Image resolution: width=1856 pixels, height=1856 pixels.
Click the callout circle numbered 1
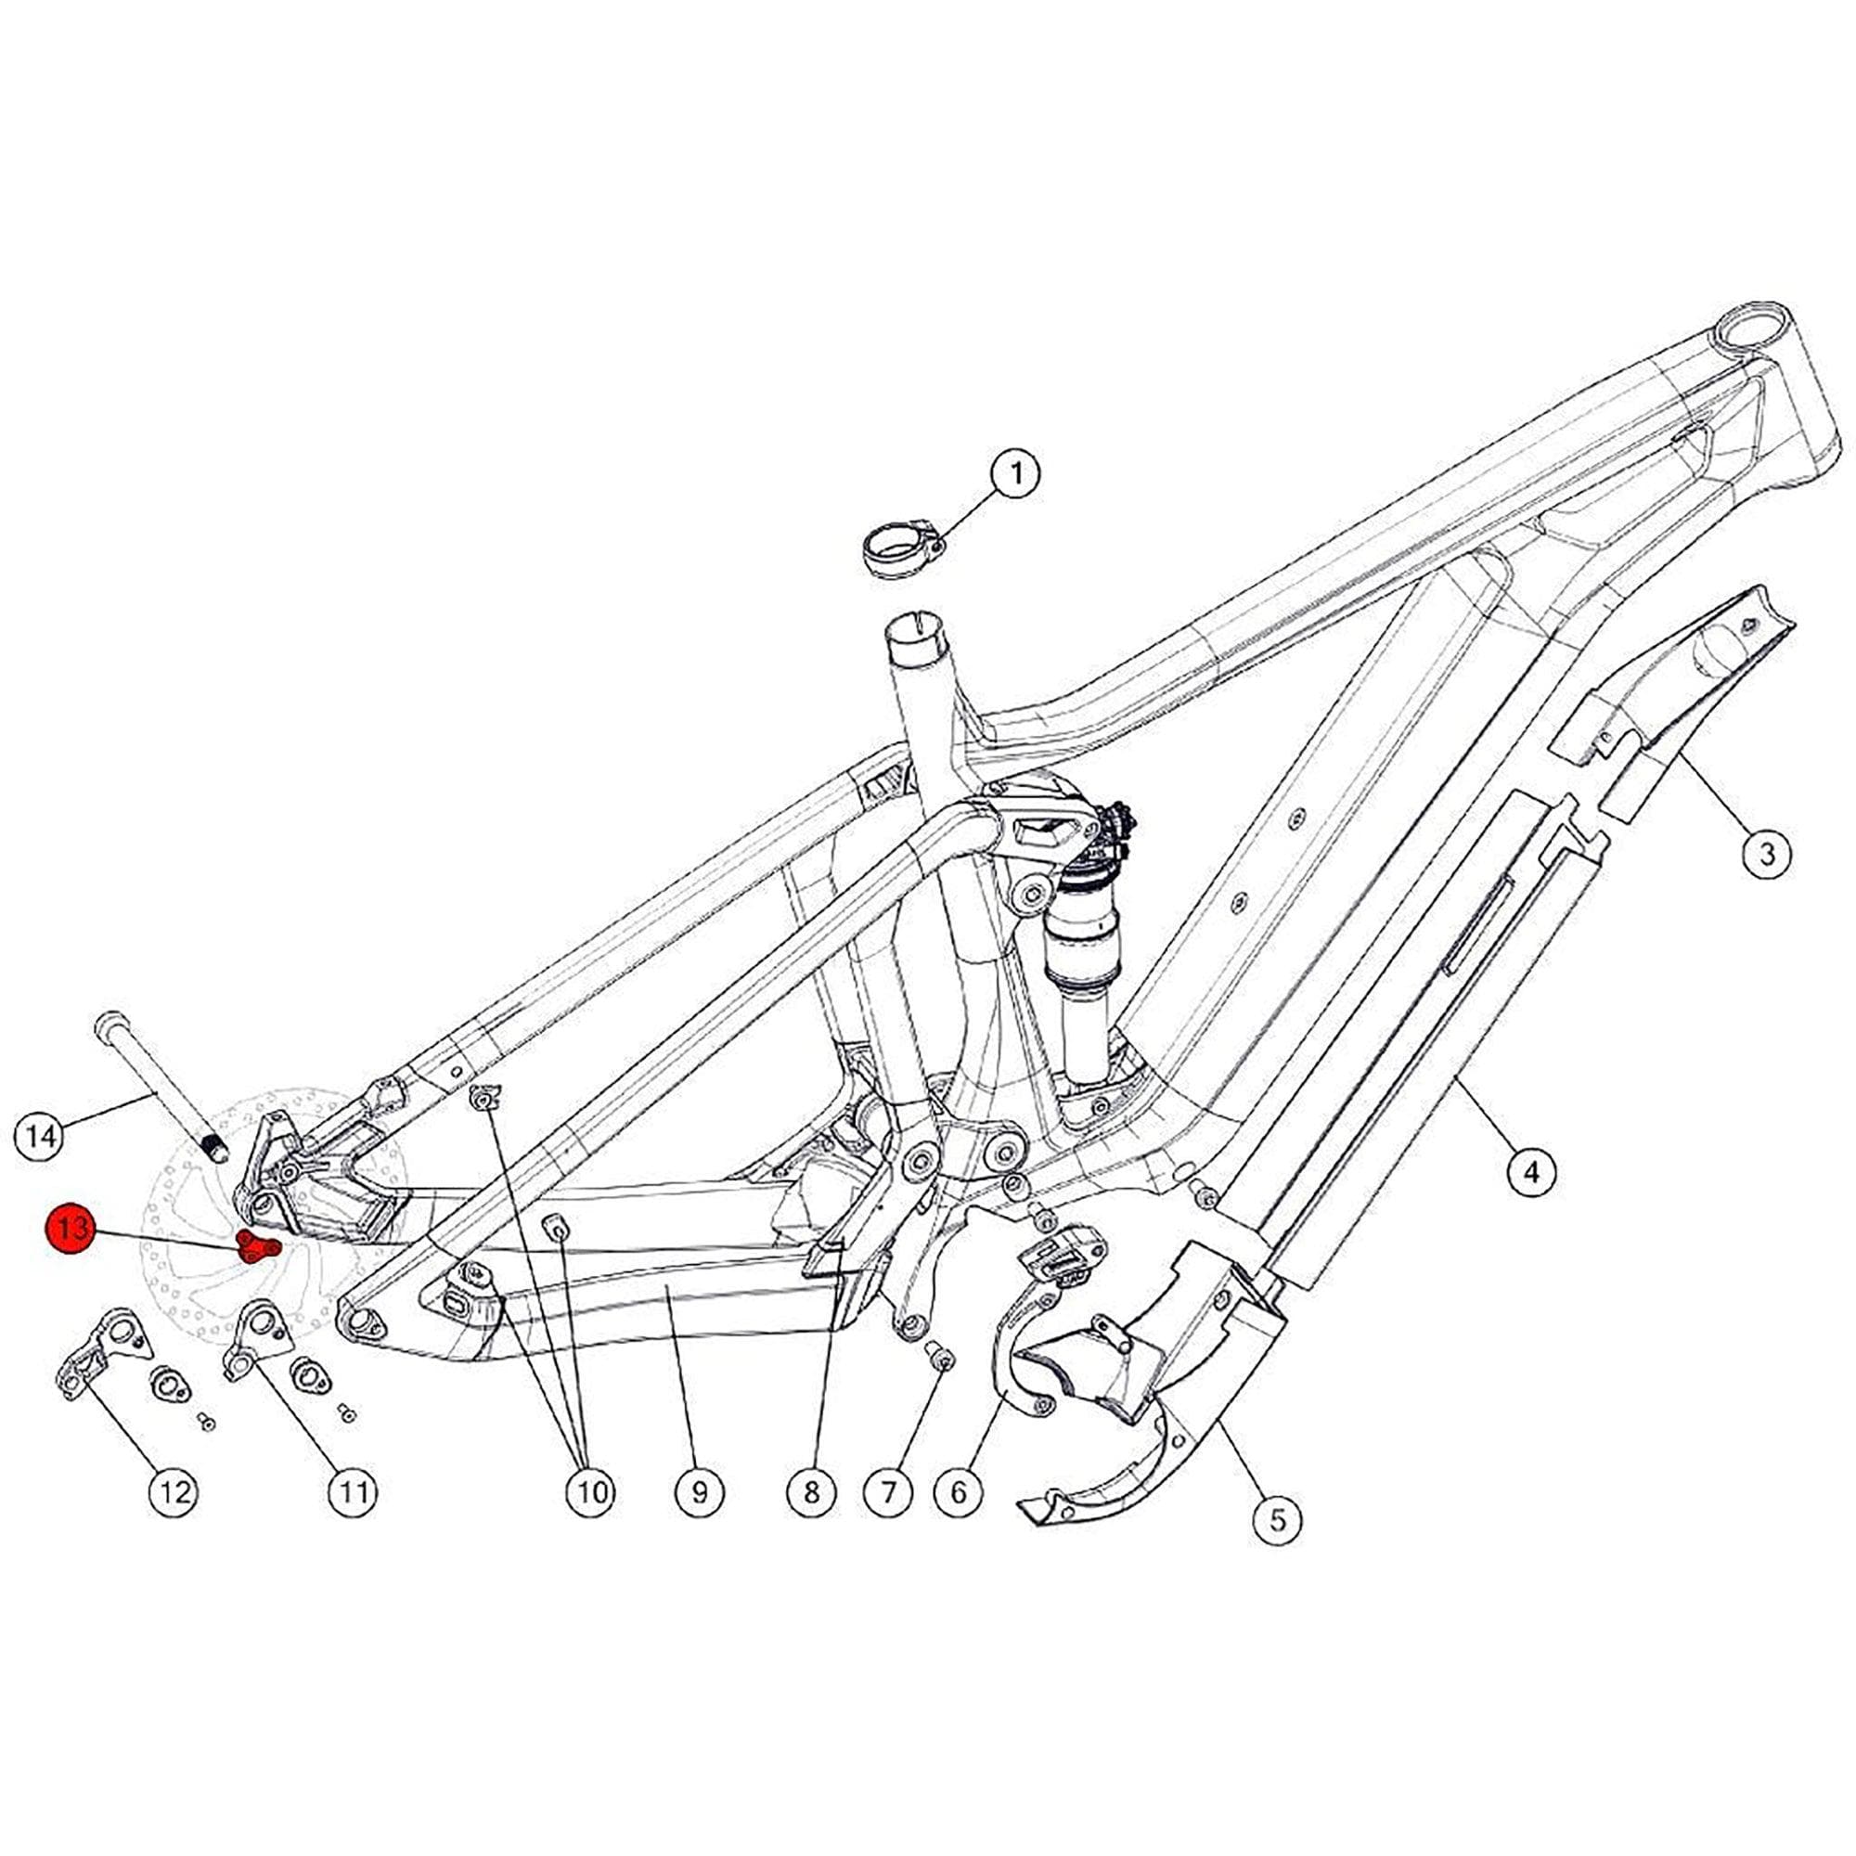1015,474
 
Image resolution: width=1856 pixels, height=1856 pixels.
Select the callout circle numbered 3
1767,851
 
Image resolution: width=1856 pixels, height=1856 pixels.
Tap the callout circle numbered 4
1531,1171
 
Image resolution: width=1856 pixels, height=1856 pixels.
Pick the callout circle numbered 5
1278,1520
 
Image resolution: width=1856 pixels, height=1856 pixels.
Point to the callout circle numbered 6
960,1492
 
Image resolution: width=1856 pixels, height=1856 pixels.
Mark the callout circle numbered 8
812,1492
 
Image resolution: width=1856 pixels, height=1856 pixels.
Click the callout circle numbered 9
700,1492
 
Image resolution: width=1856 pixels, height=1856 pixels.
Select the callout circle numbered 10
591,1492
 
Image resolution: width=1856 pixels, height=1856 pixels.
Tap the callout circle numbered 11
354,1492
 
